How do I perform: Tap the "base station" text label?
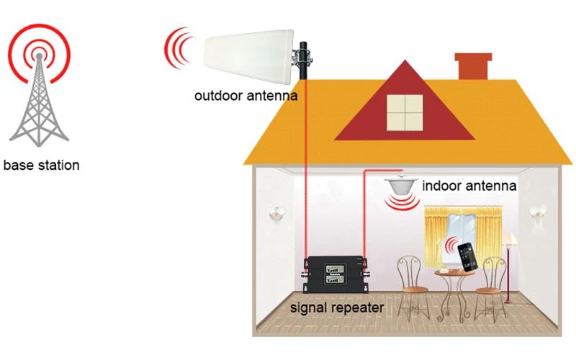[x=41, y=165]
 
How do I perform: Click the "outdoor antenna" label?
[x=246, y=94]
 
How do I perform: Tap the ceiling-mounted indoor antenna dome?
[x=402, y=185]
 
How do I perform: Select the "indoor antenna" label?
[x=469, y=186]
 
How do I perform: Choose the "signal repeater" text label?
[x=337, y=308]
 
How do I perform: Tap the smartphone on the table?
[x=469, y=256]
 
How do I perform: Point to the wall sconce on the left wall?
[x=274, y=213]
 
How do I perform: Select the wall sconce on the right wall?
[x=534, y=212]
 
